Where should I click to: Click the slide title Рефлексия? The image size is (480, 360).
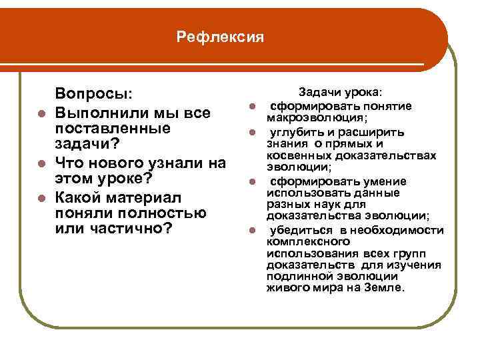[x=221, y=37]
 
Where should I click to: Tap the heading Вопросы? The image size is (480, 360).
[x=94, y=94]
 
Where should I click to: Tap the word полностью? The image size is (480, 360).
[x=168, y=213]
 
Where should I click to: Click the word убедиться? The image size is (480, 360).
[x=298, y=230]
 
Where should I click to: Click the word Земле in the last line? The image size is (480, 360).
[x=385, y=288]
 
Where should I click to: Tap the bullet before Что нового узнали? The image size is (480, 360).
[x=41, y=163]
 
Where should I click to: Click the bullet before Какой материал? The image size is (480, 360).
[x=41, y=197]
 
